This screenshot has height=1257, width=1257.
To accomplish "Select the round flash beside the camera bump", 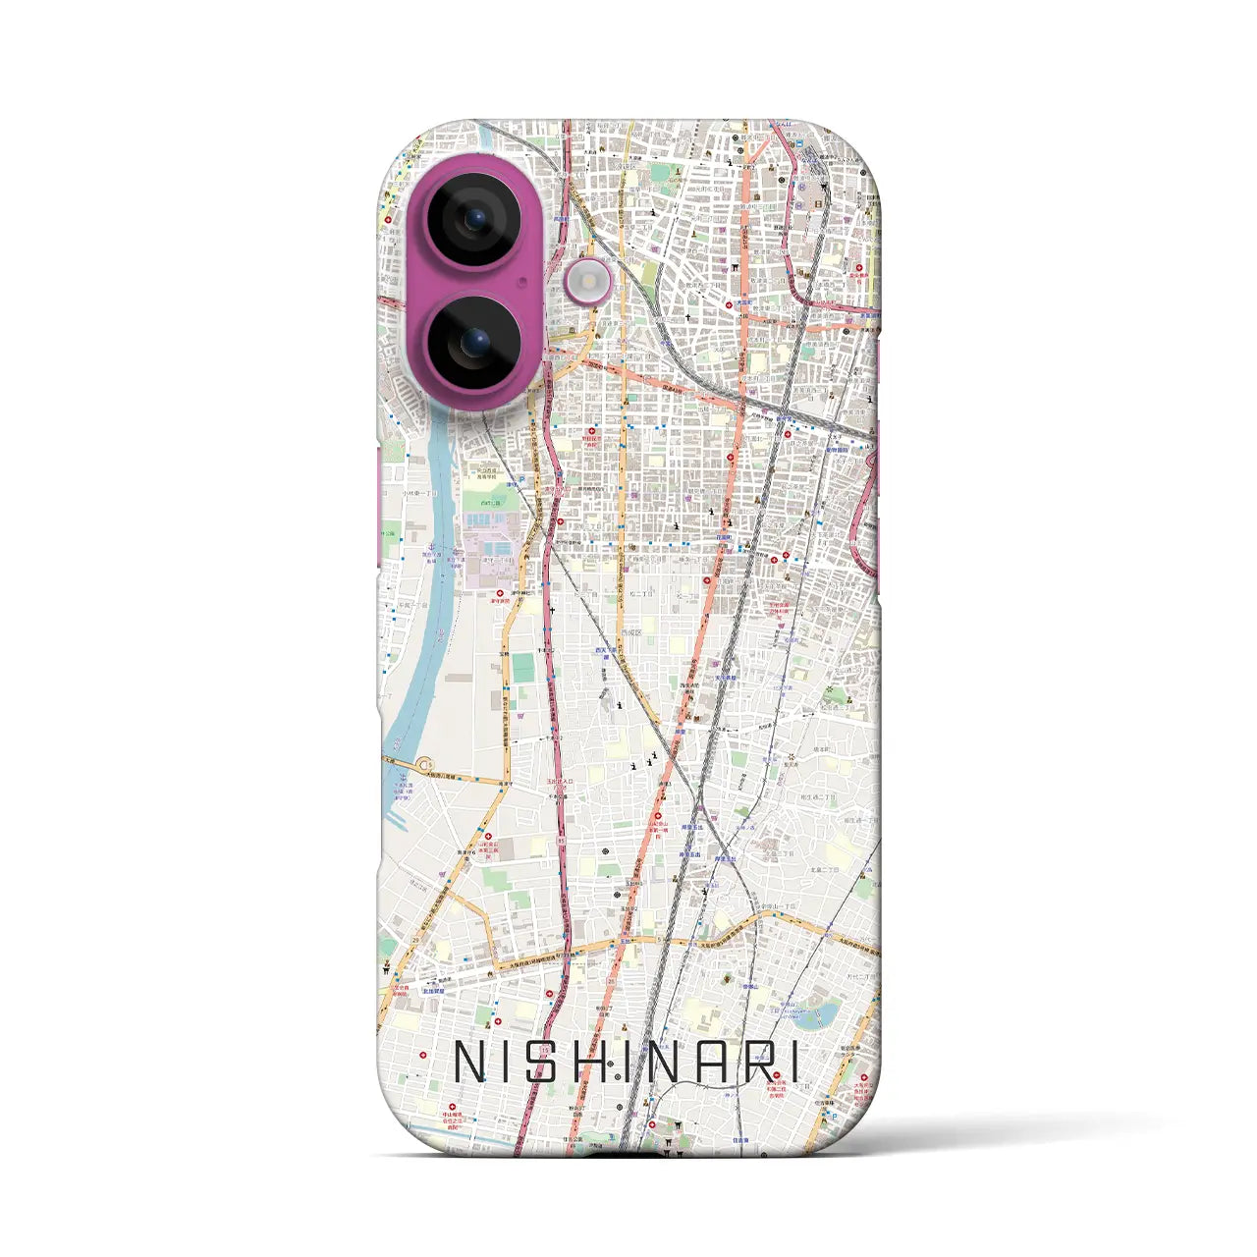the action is tap(588, 283).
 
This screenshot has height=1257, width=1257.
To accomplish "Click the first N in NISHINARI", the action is tap(468, 1062).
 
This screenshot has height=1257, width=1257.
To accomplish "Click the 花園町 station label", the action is tap(724, 538).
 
